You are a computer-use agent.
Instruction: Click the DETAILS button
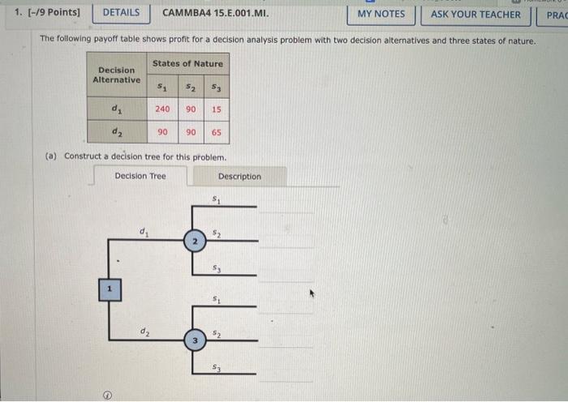coord(121,13)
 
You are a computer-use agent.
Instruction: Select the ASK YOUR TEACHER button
coord(475,14)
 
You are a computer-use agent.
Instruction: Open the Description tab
coord(239,176)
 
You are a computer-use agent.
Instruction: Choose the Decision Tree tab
coord(140,176)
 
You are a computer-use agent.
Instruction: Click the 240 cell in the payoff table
coord(162,109)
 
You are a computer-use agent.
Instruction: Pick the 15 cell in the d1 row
coord(216,109)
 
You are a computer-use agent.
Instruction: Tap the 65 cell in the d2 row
coord(216,132)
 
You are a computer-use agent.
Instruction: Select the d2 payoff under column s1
coord(162,132)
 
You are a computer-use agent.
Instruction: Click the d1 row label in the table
coord(117,109)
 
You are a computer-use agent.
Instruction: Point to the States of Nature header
coord(187,63)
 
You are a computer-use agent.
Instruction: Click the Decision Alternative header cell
coord(117,75)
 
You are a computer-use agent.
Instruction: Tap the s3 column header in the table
coord(216,86)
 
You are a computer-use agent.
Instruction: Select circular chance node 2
coord(194,241)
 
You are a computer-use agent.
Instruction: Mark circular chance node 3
coord(194,341)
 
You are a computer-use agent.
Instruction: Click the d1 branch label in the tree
coord(144,233)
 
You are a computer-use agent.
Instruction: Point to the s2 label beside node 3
coord(216,333)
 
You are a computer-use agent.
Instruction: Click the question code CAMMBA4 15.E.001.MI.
coord(215,13)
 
